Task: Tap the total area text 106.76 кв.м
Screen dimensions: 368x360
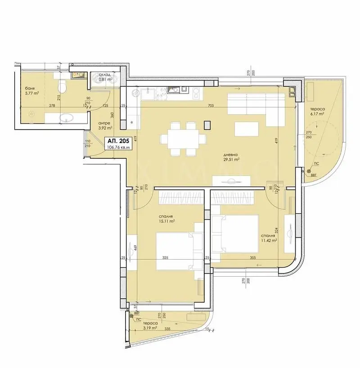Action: (x=118, y=146)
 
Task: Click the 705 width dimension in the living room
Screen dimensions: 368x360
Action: (x=219, y=106)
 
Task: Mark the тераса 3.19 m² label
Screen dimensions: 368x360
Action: (x=150, y=326)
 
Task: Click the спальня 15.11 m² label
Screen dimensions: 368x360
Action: (x=166, y=218)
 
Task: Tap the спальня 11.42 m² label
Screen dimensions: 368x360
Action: (x=268, y=238)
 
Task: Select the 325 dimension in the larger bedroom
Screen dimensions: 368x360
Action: (x=165, y=258)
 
